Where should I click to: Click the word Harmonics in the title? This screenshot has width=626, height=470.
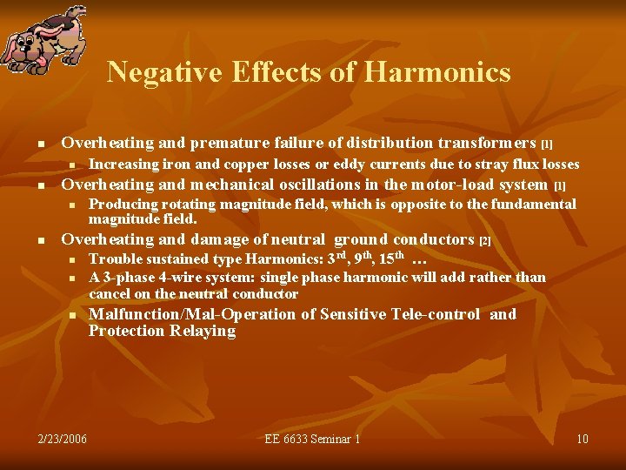click(x=437, y=72)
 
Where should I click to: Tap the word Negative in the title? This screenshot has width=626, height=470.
click(x=166, y=72)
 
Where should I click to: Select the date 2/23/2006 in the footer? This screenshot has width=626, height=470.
click(x=63, y=439)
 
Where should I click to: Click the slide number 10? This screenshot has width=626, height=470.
click(x=583, y=439)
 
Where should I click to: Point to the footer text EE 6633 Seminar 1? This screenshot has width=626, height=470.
click(x=312, y=439)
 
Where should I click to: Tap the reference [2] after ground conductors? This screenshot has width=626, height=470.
click(x=485, y=240)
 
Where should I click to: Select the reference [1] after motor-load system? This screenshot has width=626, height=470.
click(x=559, y=185)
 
